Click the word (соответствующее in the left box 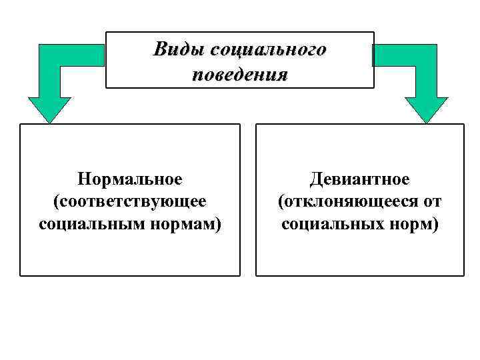click(x=130, y=201)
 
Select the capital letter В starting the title click(x=161, y=49)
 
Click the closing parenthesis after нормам click(x=218, y=223)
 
